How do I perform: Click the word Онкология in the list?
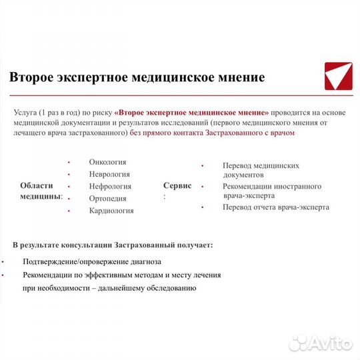[x=107, y=162]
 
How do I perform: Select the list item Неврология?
[x=109, y=174]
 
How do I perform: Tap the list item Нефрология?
[x=110, y=186]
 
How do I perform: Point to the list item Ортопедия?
[x=109, y=198]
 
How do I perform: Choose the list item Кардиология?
[x=111, y=211]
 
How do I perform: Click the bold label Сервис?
[x=177, y=185]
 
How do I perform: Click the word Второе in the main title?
[x=31, y=77]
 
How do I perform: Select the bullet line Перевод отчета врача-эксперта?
[x=275, y=207]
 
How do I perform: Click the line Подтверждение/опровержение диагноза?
[x=91, y=261]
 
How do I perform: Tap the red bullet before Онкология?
[x=69, y=162]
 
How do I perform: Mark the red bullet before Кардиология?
[x=69, y=211]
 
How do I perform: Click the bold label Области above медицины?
[x=37, y=185]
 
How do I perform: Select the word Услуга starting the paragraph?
[x=27, y=112]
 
